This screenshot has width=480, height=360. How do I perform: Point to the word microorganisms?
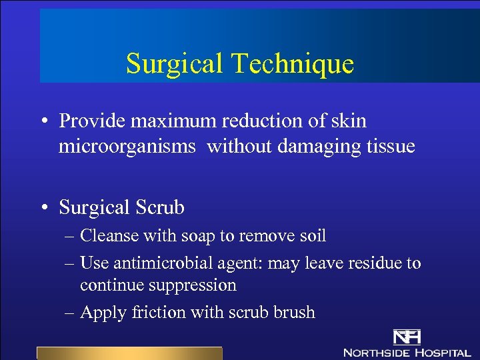(x=127, y=146)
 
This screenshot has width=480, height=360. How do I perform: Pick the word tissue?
(x=386, y=146)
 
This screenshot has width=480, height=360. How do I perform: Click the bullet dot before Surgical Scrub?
(x=43, y=208)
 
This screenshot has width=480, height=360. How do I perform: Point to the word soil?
(x=313, y=235)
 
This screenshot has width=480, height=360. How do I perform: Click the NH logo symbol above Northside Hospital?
(x=407, y=337)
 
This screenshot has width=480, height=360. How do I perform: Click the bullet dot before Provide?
(x=43, y=121)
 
